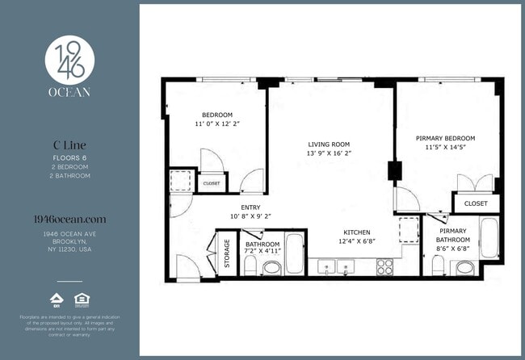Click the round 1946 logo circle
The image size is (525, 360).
tap(69, 57)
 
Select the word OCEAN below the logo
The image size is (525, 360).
tap(69, 93)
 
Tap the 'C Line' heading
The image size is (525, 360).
tap(69, 145)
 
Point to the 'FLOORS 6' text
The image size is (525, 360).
tap(69, 157)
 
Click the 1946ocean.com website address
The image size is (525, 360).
tap(69, 219)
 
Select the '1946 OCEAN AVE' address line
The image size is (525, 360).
tap(69, 233)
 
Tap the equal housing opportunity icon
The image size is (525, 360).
tap(81, 299)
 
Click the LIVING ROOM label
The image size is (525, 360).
tap(329, 142)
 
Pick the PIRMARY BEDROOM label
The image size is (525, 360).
tap(445, 138)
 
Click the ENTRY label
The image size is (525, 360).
tap(250, 207)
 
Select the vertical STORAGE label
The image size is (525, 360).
tap(227, 253)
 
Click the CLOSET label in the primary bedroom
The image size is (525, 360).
tap(476, 203)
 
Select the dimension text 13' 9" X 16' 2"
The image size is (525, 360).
tap(329, 152)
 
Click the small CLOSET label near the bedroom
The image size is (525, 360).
tap(212, 183)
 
